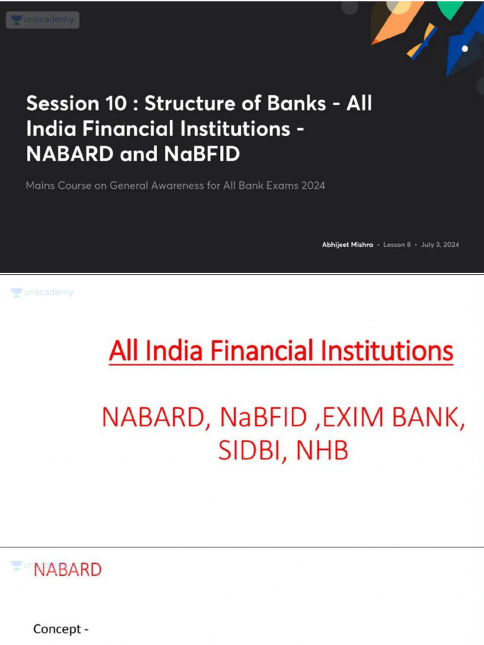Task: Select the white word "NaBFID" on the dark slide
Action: [205, 154]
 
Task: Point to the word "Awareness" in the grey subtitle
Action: [187, 186]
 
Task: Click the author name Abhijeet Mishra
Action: [347, 244]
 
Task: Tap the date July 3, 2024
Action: [440, 244]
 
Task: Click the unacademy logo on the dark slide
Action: [43, 20]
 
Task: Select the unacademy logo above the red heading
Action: [43, 293]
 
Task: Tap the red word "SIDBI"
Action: [246, 451]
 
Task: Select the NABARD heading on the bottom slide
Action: [67, 570]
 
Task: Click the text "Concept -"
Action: [60, 629]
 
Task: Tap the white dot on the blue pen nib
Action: [464, 49]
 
